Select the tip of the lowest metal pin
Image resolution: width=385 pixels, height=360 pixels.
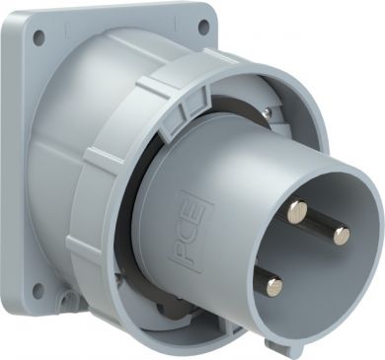coord(274,286)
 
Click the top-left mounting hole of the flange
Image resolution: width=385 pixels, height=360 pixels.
coord(39,36)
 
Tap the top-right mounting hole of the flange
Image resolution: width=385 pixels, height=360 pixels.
coord(204,25)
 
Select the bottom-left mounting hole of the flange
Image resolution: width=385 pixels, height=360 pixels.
coord(38,290)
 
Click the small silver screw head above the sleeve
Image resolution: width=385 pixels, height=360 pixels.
coord(269,112)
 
